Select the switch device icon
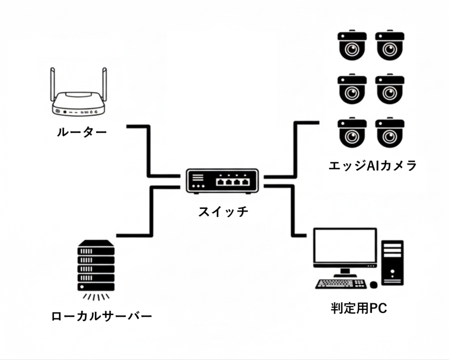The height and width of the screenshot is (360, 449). point(222,180)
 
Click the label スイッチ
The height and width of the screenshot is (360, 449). point(223,212)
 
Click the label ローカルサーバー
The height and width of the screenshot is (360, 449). point(102,316)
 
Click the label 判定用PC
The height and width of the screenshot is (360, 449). point(359,308)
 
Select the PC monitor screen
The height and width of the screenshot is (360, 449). point(344,247)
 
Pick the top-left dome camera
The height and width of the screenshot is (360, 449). point(352,45)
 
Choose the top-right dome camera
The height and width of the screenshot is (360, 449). point(390,45)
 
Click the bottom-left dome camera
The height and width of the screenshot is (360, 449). point(352,132)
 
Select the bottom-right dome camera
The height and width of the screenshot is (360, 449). point(390,132)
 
